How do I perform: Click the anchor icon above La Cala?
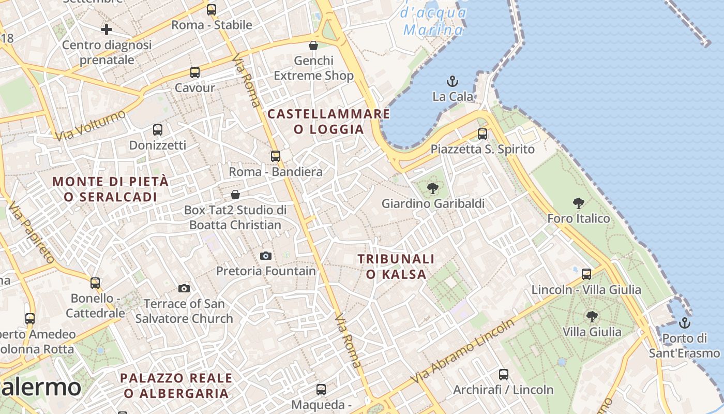click(x=452, y=81)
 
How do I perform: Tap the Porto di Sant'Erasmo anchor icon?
click(x=685, y=323)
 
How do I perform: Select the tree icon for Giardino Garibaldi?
click(x=433, y=188)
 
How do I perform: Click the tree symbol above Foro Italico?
click(x=579, y=203)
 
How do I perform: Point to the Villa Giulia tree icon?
click(x=592, y=316)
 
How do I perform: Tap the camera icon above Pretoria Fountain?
click(x=266, y=256)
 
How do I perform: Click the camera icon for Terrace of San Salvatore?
click(x=184, y=288)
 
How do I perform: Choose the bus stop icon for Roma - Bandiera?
click(x=276, y=156)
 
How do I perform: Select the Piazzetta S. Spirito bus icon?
click(x=482, y=134)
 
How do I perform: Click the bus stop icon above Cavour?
click(x=195, y=72)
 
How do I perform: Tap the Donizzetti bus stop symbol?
click(x=158, y=130)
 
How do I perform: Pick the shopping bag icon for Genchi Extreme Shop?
click(x=313, y=46)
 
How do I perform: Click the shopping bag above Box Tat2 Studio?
click(x=235, y=195)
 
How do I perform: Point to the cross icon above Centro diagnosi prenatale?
click(x=107, y=29)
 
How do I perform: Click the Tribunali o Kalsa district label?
click(x=396, y=267)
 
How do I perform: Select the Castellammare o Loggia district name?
click(x=329, y=122)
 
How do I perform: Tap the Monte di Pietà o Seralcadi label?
click(x=111, y=189)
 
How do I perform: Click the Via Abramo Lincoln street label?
click(x=463, y=352)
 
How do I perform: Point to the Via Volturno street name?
click(x=90, y=125)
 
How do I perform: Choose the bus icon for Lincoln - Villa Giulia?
click(x=586, y=274)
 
